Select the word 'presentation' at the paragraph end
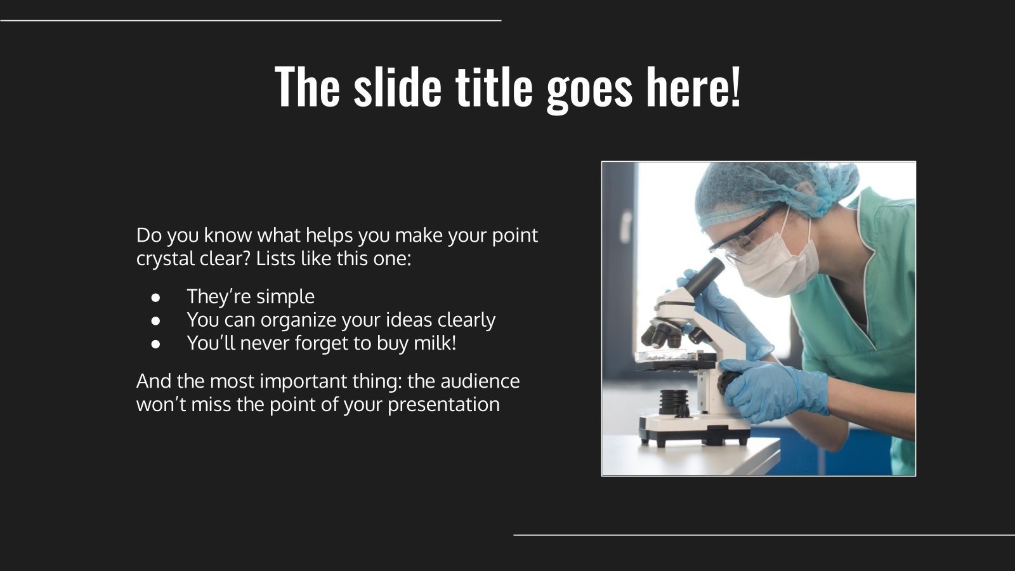(x=443, y=404)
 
